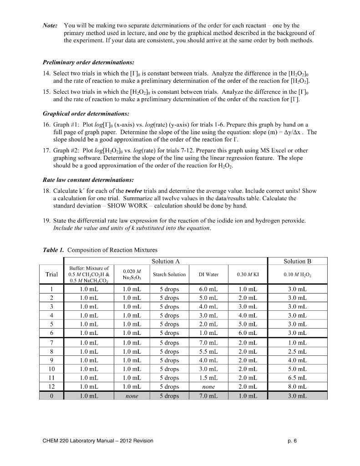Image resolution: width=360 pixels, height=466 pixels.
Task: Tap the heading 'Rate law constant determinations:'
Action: [x=88, y=180]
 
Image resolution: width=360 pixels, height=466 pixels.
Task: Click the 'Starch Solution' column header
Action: [x=169, y=274]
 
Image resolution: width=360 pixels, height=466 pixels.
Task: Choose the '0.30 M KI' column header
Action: [x=248, y=274]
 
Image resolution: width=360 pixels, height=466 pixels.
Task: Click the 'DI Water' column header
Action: [x=208, y=274]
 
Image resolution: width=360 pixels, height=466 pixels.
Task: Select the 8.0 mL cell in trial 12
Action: [x=297, y=387]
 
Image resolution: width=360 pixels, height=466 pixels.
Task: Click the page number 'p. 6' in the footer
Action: [x=292, y=441]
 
